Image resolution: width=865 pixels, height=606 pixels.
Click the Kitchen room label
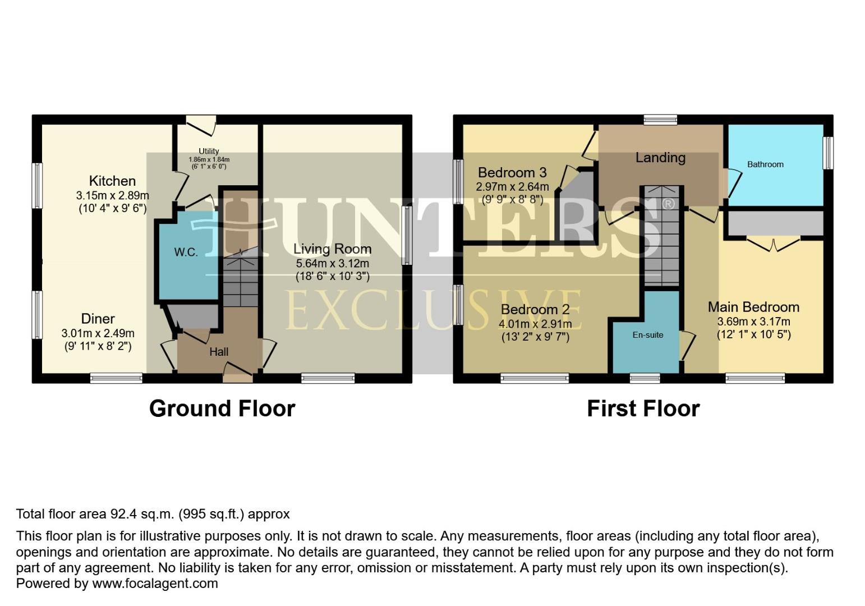pyautogui.click(x=112, y=181)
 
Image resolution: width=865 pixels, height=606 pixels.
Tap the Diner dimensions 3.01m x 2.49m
pyautogui.click(x=98, y=333)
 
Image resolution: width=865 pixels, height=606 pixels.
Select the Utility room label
pyautogui.click(x=209, y=151)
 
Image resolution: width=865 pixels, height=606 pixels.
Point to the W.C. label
pyautogui.click(x=186, y=252)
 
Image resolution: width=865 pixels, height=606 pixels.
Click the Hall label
pyautogui.click(x=219, y=352)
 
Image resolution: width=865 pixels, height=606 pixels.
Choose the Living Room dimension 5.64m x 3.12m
pyautogui.click(x=332, y=263)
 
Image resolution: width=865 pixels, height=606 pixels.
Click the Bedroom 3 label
pyautogui.click(x=512, y=173)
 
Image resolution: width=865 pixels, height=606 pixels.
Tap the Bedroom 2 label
pyautogui.click(x=535, y=309)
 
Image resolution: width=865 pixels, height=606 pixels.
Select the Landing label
pyautogui.click(x=660, y=158)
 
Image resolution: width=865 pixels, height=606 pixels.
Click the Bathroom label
pyautogui.click(x=765, y=164)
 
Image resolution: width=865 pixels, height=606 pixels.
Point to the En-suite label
pyautogui.click(x=648, y=335)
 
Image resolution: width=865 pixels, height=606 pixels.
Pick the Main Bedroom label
pyautogui.click(x=753, y=307)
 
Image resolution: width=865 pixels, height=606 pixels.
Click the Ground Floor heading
pyautogui.click(x=222, y=408)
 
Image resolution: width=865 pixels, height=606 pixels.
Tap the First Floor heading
pyautogui.click(x=643, y=408)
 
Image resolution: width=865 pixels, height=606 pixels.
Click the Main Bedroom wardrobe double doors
pyautogui.click(x=773, y=244)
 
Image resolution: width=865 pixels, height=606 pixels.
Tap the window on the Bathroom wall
pyautogui.click(x=828, y=153)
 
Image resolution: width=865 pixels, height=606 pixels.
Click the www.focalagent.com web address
pyautogui.click(x=155, y=584)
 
